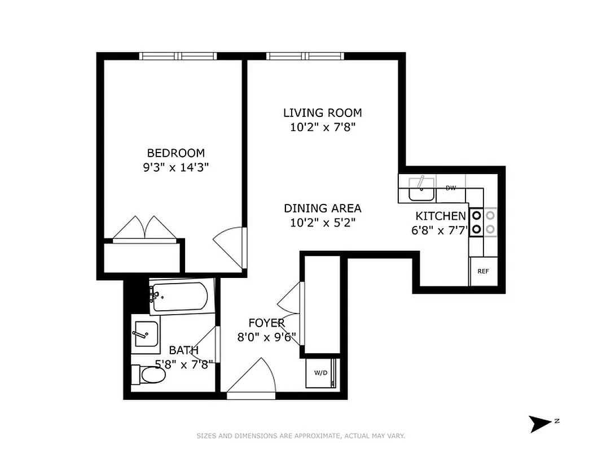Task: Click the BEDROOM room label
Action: [x=175, y=153]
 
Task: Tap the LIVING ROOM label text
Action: [x=322, y=113]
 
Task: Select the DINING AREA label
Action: [x=322, y=208]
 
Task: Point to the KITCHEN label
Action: [x=441, y=216]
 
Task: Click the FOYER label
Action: [x=267, y=323]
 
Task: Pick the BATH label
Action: [x=183, y=350]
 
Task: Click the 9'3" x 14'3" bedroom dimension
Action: [x=175, y=167]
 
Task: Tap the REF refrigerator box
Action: [x=483, y=271]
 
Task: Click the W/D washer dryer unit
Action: [x=320, y=373]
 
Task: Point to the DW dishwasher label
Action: [x=451, y=188]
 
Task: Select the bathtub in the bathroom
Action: [x=179, y=296]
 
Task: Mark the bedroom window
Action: [x=178, y=56]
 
